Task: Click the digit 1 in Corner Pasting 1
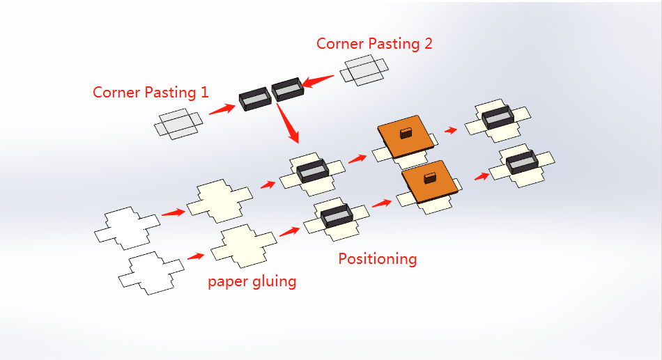pyautogui.click(x=204, y=93)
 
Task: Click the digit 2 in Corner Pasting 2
pyautogui.click(x=428, y=43)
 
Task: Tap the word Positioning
pyautogui.click(x=378, y=259)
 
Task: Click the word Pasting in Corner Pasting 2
pyautogui.click(x=392, y=44)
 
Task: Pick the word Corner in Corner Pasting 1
pyautogui.click(x=116, y=93)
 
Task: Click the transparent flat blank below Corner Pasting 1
pyautogui.click(x=178, y=124)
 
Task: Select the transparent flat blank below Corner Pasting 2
pyautogui.click(x=364, y=70)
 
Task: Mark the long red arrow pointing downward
pyautogui.click(x=288, y=123)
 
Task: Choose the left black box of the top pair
pyautogui.click(x=255, y=99)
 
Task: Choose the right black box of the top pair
pyautogui.click(x=288, y=89)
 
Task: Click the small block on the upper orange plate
pyautogui.click(x=406, y=133)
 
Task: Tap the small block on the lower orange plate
pyautogui.click(x=430, y=178)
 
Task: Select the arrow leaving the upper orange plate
pyautogui.click(x=451, y=130)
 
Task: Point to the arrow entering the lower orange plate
pyautogui.click(x=382, y=203)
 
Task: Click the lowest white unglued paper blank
pyautogui.click(x=151, y=273)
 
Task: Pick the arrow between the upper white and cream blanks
pyautogui.click(x=174, y=212)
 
